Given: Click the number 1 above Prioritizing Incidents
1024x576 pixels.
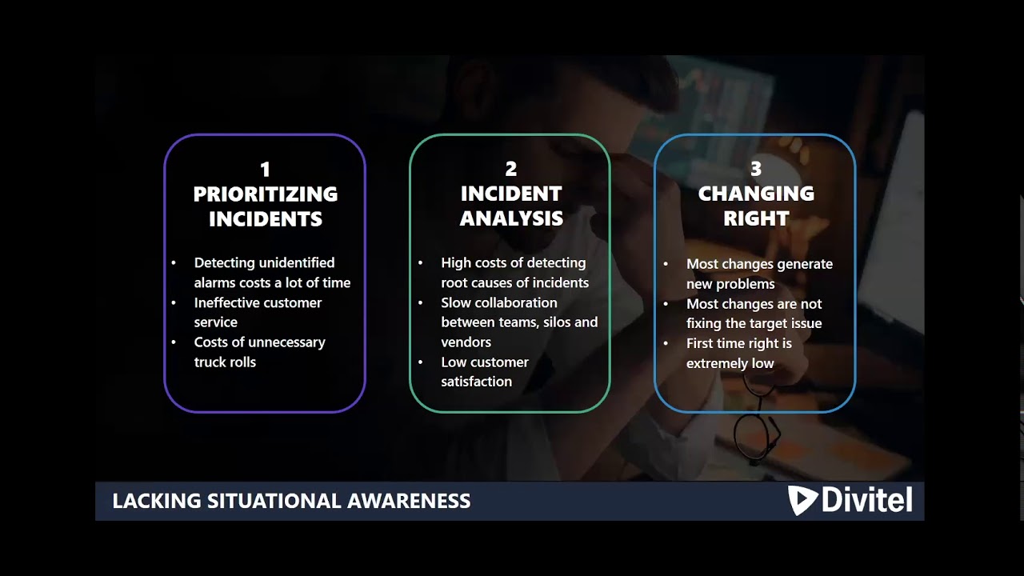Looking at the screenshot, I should click(x=265, y=170).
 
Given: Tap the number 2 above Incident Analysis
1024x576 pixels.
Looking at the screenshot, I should click(x=510, y=169).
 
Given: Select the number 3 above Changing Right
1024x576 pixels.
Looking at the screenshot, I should click(x=756, y=169).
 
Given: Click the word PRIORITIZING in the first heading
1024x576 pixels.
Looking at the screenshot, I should click(x=266, y=194).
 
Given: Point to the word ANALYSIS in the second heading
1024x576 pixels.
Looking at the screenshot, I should click(x=511, y=218).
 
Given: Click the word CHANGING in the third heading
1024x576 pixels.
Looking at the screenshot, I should click(x=756, y=194).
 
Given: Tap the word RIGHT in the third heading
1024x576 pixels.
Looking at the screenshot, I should click(x=756, y=218).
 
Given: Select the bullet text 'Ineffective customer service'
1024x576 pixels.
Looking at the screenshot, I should click(x=257, y=312).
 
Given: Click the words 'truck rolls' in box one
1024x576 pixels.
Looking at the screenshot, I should click(x=225, y=362).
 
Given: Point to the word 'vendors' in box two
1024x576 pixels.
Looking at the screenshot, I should click(x=466, y=342).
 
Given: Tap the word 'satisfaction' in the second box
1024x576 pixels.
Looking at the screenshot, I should click(x=476, y=382).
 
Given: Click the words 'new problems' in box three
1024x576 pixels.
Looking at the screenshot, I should click(x=730, y=284).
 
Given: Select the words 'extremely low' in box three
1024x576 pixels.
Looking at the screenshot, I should click(x=730, y=363).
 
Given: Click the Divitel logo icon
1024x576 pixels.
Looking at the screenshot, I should click(x=802, y=501).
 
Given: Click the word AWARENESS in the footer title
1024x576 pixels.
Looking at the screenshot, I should click(x=409, y=502).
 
